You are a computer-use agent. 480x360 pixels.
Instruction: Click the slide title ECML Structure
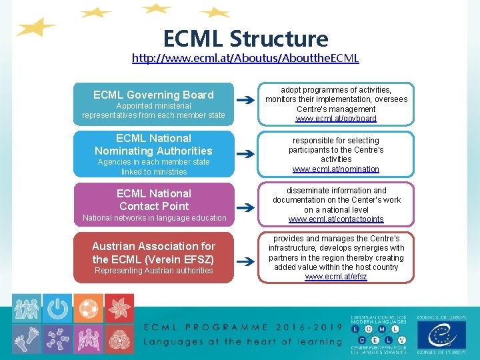click(245, 39)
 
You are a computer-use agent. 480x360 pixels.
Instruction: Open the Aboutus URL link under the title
click(245, 58)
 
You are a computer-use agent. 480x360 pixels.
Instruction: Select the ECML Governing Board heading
click(153, 95)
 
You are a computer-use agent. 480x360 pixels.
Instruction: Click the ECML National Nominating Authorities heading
click(153, 145)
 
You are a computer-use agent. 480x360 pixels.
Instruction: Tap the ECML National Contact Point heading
click(153, 199)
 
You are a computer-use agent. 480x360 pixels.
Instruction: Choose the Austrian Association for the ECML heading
click(153, 253)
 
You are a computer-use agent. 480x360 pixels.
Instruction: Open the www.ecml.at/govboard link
click(336, 119)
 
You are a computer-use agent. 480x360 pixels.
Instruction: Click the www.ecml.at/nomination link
click(336, 169)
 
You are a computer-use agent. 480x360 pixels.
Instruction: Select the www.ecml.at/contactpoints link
click(336, 219)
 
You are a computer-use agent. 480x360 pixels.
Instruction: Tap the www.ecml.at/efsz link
click(336, 277)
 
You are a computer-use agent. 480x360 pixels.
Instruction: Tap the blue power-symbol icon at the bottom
click(58, 309)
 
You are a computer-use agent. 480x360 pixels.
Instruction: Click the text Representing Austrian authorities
click(153, 271)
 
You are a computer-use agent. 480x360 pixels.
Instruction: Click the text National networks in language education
click(154, 218)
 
